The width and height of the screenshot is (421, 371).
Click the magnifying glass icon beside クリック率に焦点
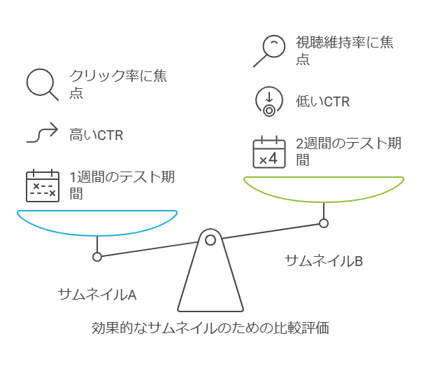(x=41, y=83)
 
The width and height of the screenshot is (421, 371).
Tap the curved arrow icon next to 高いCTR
(x=41, y=133)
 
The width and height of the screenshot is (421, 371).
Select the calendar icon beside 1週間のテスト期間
(x=41, y=185)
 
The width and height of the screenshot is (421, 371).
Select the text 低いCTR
(x=323, y=102)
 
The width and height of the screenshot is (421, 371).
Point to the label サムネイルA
(x=97, y=294)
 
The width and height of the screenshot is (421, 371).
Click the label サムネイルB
(x=324, y=261)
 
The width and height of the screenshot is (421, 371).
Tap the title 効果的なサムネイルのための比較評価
(x=210, y=328)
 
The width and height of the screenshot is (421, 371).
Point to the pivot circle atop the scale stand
(x=210, y=240)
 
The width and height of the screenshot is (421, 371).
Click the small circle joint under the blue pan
(x=97, y=257)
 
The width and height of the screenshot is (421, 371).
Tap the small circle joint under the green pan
(x=324, y=223)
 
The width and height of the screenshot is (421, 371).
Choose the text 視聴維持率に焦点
(x=344, y=50)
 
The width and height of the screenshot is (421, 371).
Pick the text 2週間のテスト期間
(x=348, y=152)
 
